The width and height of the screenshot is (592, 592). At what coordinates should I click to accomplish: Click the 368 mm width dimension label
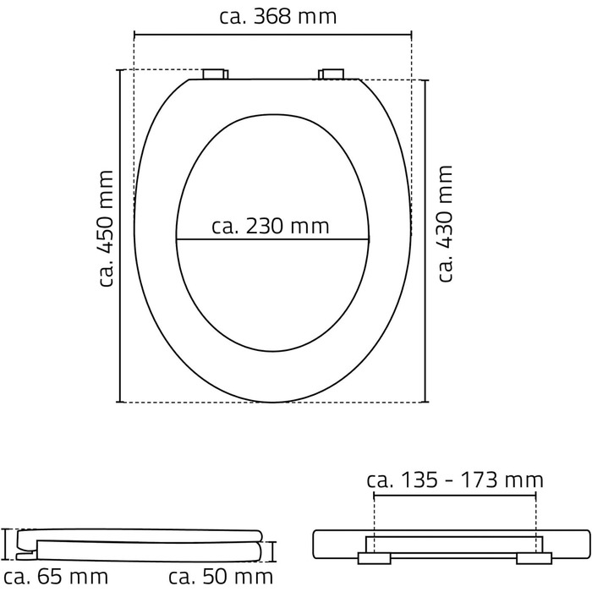pos(278,17)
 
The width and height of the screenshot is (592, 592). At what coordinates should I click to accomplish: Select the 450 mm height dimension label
pos(106,229)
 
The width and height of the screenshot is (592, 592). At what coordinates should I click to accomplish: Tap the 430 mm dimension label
pos(445,223)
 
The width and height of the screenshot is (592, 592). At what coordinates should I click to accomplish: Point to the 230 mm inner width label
pos(271,227)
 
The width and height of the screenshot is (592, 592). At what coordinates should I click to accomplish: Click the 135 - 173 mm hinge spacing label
pos(455,480)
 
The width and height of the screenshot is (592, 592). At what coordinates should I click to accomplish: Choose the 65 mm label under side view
pos(56,577)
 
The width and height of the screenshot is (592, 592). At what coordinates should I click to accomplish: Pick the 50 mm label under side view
pos(221,577)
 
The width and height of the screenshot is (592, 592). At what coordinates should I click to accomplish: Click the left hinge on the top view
pos(215,74)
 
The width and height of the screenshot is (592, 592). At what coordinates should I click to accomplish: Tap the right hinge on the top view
pos(332,74)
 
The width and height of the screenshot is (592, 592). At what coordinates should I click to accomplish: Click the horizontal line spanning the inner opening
pos(272,239)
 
